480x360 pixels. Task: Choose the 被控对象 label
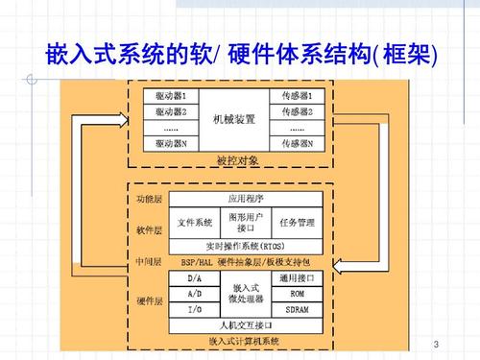(235, 159)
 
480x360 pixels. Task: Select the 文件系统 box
(195, 223)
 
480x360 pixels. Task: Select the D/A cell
(194, 278)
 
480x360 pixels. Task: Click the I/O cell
(194, 310)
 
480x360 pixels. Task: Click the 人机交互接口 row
(243, 325)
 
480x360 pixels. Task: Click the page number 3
(436, 344)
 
